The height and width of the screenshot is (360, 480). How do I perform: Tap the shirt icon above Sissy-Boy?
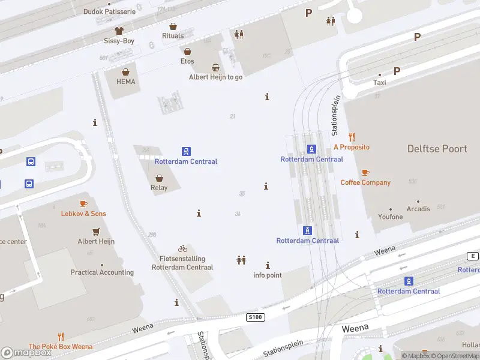point(119,31)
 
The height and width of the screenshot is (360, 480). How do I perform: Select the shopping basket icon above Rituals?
point(173,26)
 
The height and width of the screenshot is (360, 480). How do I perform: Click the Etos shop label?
point(187,61)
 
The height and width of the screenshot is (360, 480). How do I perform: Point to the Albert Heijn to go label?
point(215,77)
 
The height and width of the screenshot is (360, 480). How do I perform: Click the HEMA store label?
point(126,82)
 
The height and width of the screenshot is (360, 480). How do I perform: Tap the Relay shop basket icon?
point(159,178)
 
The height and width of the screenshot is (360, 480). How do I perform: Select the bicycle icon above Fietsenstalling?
point(182,248)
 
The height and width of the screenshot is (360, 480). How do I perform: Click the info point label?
point(267,275)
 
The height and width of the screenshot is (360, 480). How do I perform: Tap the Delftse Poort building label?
point(437,149)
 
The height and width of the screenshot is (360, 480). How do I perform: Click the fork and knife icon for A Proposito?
point(352,137)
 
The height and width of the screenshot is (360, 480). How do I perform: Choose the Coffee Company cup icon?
point(365,173)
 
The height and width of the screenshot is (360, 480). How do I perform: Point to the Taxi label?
point(380,83)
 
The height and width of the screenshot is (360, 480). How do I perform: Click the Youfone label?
point(391,217)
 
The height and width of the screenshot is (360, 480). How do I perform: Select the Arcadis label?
point(418,209)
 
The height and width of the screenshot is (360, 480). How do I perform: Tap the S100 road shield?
point(256,316)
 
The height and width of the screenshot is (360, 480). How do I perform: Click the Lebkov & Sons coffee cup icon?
point(83,204)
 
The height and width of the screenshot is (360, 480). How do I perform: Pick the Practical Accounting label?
point(102,272)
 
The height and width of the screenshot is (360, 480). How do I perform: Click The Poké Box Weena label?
point(61,346)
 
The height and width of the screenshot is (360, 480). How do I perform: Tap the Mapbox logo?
point(26,353)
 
